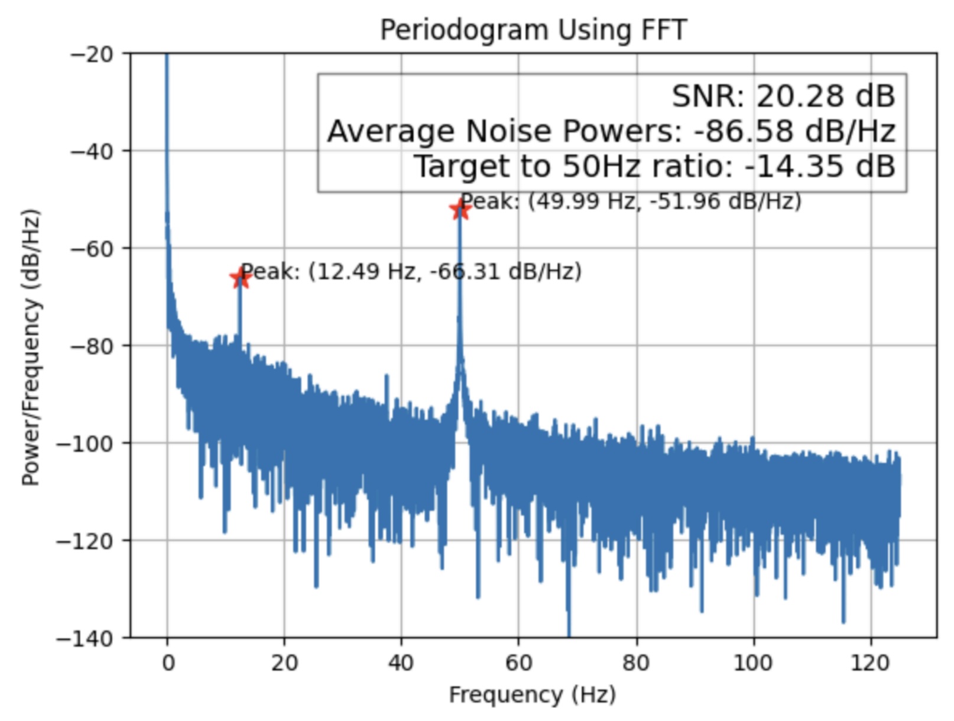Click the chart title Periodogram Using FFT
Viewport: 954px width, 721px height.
coord(533,30)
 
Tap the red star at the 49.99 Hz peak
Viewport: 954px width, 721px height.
coord(460,209)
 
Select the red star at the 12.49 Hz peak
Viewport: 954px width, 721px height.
coord(239,278)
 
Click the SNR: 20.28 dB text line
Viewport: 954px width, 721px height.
coord(783,96)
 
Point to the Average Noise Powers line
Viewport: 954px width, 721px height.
coord(611,131)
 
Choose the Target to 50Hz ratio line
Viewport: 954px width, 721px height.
coord(654,167)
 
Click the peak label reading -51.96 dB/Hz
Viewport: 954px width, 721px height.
coord(631,202)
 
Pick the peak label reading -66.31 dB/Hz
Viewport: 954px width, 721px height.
coord(411,272)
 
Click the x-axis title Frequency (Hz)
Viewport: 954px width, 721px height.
coord(533,694)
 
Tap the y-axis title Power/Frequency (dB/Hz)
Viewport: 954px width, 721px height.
coord(31,347)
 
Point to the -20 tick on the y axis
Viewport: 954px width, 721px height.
coord(92,54)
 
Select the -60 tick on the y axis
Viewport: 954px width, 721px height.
coord(92,249)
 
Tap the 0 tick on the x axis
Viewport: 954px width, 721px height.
coord(168,663)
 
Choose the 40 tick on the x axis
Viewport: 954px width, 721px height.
coord(401,663)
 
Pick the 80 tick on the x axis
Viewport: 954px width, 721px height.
coord(636,663)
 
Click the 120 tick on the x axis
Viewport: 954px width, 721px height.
coord(870,663)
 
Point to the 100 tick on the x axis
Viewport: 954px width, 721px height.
coord(752,663)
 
